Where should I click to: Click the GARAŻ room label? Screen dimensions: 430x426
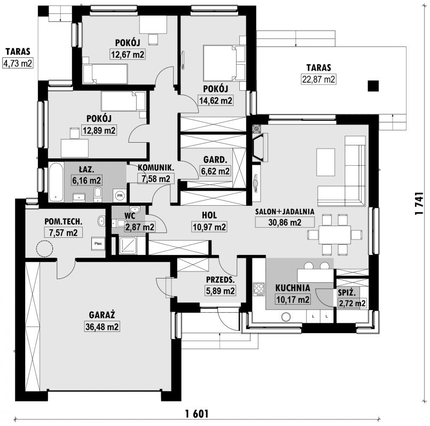pos(101,315)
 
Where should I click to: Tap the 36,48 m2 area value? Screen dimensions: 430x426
pos(102,327)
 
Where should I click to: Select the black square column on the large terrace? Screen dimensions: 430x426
pos(373,86)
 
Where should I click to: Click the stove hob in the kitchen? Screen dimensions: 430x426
pos(259,289)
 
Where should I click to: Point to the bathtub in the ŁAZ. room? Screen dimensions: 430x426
pos(56,182)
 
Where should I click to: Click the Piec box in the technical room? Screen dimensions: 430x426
pos(98,244)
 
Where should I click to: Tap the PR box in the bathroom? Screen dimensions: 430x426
pos(120,196)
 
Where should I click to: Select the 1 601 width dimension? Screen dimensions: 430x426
pos(197,413)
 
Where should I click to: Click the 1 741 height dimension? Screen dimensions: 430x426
pos(419,203)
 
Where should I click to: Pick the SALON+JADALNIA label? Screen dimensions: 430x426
pos(285,211)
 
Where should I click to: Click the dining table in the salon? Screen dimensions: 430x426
pos(334,235)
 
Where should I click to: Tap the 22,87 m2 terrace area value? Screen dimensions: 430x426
pos(318,79)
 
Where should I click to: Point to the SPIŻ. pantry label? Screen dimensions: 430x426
pos(347,292)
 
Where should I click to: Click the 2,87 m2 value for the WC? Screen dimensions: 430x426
pos(139,227)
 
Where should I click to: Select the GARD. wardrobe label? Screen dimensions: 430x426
pos(215,159)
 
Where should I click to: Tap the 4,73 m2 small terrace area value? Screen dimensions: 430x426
pos(18,64)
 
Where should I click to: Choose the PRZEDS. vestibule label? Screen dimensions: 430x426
pos(221,280)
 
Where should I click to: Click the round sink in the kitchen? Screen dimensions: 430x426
pos(286,317)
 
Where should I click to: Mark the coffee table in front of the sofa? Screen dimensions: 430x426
pos(325,162)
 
